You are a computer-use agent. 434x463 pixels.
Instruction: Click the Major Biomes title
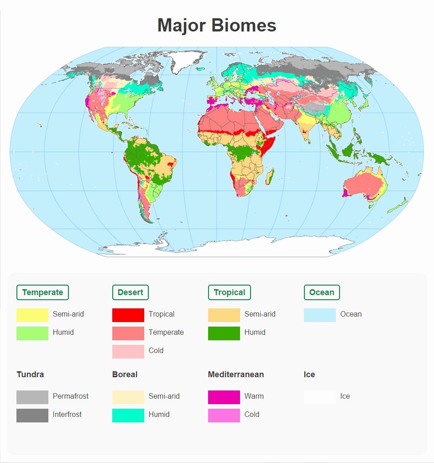coord(217,25)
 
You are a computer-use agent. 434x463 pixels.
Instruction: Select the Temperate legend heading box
coord(42,292)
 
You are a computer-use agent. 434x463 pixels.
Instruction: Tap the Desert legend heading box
coord(130,292)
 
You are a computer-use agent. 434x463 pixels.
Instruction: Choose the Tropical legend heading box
coord(229,292)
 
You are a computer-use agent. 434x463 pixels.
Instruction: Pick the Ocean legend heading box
coord(321,292)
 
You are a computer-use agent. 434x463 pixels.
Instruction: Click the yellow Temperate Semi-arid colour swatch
coord(32,315)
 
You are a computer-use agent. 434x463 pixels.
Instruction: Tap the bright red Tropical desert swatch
coord(128,315)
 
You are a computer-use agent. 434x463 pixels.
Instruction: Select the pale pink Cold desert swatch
coord(128,351)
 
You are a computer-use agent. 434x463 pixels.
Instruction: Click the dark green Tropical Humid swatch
coord(224,333)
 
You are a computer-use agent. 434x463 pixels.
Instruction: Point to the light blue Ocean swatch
coord(320,315)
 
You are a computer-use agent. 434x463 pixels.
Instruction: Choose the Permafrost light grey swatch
coord(32,397)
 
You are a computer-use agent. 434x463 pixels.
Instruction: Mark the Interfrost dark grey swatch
coord(32,415)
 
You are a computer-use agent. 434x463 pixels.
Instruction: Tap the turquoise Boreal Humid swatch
coord(128,415)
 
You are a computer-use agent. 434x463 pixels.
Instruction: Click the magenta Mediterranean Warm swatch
coord(224,397)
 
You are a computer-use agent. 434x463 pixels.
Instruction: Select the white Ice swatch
coord(320,397)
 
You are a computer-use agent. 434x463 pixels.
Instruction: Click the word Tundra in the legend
coord(30,375)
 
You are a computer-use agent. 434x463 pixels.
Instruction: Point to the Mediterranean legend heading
coord(235,375)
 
